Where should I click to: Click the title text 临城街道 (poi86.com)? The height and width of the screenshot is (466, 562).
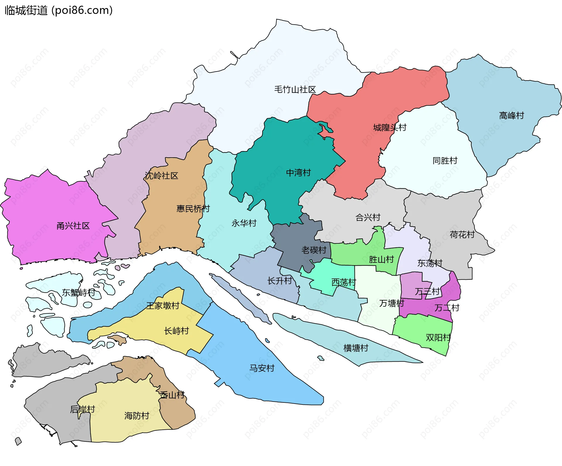(x=59, y=10)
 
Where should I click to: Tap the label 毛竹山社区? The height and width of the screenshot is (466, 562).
(x=295, y=90)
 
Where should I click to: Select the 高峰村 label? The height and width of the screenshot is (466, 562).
(x=511, y=116)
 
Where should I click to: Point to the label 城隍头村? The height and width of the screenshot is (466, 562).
(x=390, y=128)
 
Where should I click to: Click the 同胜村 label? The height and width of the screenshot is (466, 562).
(x=445, y=161)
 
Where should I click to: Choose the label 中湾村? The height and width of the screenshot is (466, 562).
(x=298, y=173)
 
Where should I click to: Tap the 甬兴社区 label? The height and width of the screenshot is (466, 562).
(x=73, y=226)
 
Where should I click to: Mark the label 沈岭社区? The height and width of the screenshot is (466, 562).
(x=161, y=176)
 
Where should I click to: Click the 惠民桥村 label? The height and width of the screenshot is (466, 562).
(x=193, y=209)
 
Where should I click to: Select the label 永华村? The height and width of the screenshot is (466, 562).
(x=244, y=223)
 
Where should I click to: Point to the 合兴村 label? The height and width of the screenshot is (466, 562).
(x=368, y=218)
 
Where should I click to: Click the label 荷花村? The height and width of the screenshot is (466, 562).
(x=462, y=235)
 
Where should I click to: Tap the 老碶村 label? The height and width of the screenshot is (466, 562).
(x=314, y=250)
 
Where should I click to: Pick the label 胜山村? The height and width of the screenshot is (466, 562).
(x=381, y=260)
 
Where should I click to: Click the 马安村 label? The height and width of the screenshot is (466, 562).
(x=262, y=368)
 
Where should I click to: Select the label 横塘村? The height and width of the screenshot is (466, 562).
(x=356, y=348)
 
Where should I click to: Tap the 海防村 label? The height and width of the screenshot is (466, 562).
(x=137, y=416)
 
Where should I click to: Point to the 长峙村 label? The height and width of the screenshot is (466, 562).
(x=176, y=331)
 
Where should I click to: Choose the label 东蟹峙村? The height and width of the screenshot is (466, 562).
(x=78, y=292)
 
